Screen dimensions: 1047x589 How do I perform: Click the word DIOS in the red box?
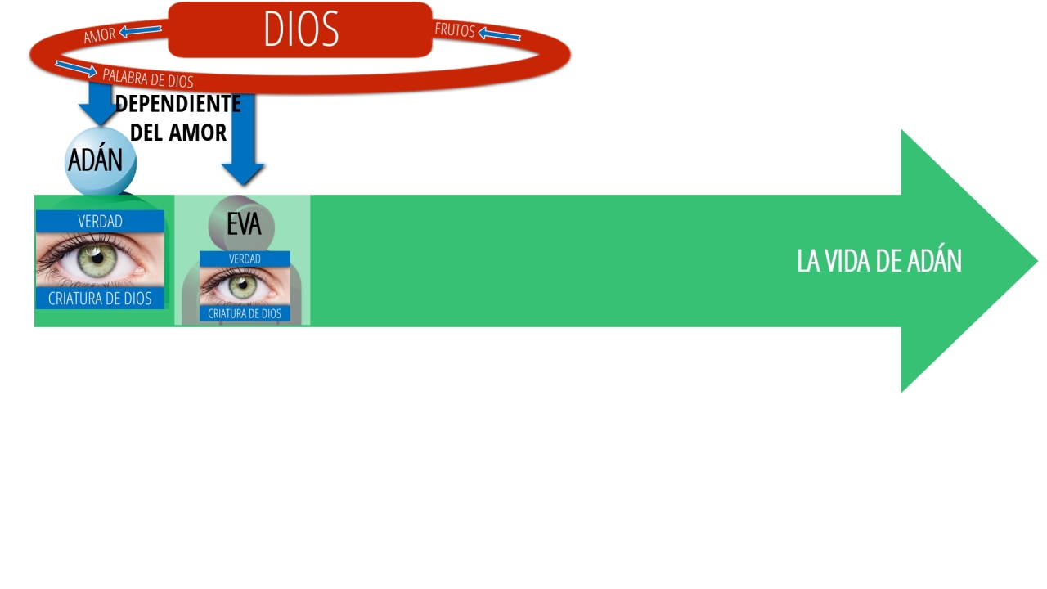[301, 29]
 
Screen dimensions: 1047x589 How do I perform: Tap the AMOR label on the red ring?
[100, 35]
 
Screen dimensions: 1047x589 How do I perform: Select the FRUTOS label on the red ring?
[455, 30]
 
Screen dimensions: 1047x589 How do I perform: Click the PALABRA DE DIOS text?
[148, 78]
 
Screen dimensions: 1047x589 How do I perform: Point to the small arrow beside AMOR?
[140, 31]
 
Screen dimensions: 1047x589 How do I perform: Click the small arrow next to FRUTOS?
[499, 34]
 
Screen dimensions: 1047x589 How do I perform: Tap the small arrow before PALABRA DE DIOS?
[76, 69]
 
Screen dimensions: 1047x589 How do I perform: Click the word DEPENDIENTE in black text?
[178, 104]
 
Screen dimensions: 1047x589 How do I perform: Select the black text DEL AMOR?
[178, 133]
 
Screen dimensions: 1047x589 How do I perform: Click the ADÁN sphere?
[100, 160]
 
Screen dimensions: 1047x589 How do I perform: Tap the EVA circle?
[241, 224]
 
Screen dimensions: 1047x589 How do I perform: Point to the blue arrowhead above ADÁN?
[99, 115]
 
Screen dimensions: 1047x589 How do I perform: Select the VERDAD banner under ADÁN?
[100, 221]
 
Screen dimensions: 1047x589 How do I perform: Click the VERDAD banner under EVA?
[245, 259]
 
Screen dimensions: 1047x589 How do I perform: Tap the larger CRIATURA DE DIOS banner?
[100, 299]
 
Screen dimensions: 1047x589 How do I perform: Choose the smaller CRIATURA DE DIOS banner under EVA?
[245, 313]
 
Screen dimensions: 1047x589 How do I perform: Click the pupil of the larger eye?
[97, 258]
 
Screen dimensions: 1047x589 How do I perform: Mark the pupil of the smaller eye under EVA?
[243, 285]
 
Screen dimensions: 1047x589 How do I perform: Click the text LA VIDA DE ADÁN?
[879, 260]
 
